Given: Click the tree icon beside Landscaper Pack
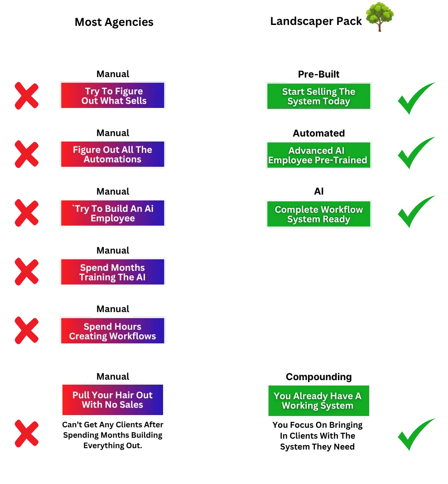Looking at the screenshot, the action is point(380,17).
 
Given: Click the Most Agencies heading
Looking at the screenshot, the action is point(114,22).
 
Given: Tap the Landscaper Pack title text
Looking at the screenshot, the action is point(316,21).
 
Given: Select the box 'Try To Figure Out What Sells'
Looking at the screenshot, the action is point(112,95).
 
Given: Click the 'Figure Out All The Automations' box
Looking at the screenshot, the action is point(112,154).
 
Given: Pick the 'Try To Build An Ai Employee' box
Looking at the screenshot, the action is point(112,213).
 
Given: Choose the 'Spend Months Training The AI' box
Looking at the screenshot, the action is point(112,272).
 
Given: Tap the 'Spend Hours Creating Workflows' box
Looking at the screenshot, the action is point(112,331).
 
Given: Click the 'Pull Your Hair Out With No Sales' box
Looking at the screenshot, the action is point(112,400).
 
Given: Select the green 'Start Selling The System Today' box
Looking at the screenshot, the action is point(318,96).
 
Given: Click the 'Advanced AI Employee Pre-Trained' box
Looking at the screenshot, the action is point(318,155).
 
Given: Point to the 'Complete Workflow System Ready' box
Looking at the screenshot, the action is point(318,214).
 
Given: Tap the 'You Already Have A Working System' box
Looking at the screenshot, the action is point(318,401).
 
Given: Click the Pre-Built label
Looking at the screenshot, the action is point(318,74).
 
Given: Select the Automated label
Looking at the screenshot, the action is point(318,133).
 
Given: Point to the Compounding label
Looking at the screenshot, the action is point(318,377).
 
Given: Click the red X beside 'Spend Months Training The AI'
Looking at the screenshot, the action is point(27,272).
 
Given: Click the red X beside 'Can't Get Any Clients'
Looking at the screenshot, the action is point(27,433).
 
